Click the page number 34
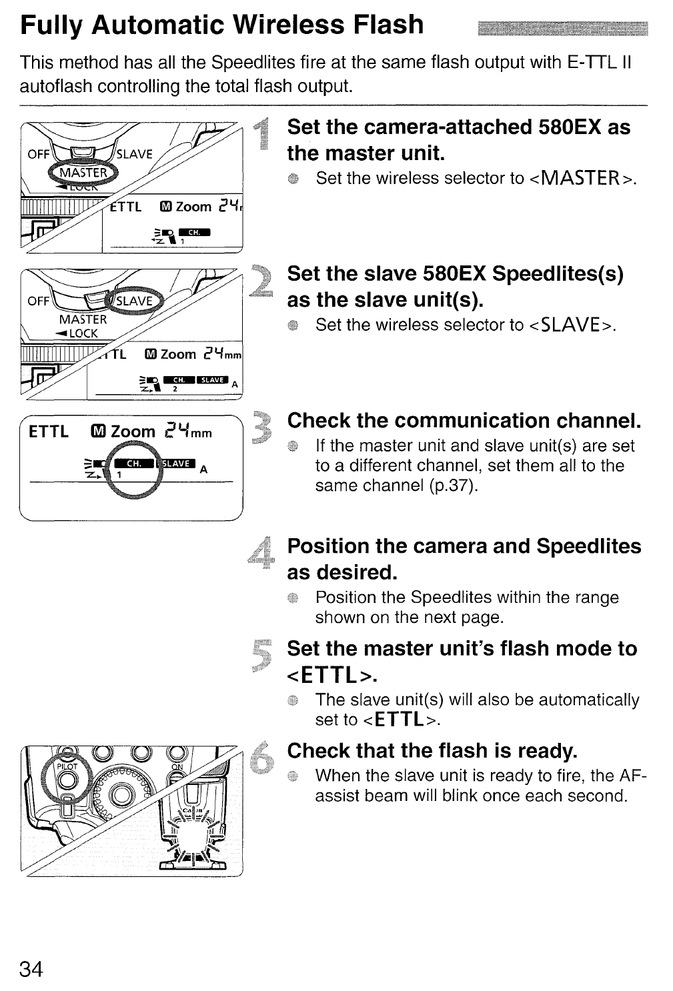point(32,969)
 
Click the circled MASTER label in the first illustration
point(83,173)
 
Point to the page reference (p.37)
point(452,485)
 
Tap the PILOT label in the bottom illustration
point(65,766)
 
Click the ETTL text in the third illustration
point(49,431)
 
